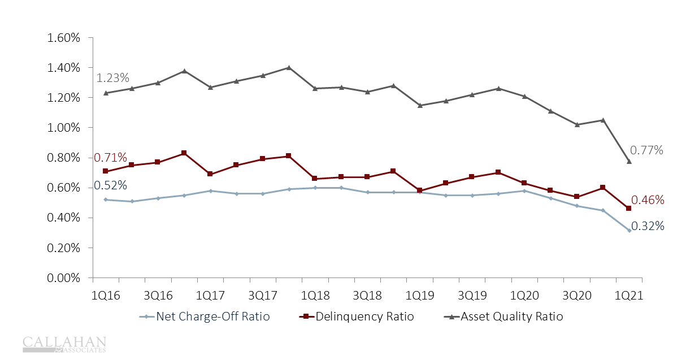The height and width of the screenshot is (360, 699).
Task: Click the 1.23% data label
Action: [x=113, y=78]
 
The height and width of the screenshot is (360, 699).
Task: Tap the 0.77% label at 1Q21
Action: [x=646, y=150]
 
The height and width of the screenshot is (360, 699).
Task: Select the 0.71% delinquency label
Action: [x=110, y=158]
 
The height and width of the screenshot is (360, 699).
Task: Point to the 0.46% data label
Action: [x=648, y=200]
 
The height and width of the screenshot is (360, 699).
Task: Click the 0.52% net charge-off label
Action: [x=110, y=185]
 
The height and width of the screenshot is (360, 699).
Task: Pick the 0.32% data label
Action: [x=648, y=226]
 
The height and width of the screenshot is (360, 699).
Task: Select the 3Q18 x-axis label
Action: [x=367, y=296]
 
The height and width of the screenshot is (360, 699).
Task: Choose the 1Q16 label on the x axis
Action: [x=106, y=296]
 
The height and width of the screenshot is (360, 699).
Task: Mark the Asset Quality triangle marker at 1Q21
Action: [x=629, y=162]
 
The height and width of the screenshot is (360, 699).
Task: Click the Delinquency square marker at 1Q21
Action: [x=629, y=209]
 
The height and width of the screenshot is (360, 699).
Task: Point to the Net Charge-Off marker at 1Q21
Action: [x=629, y=230]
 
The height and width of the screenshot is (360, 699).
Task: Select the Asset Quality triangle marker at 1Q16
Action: [x=106, y=93]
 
